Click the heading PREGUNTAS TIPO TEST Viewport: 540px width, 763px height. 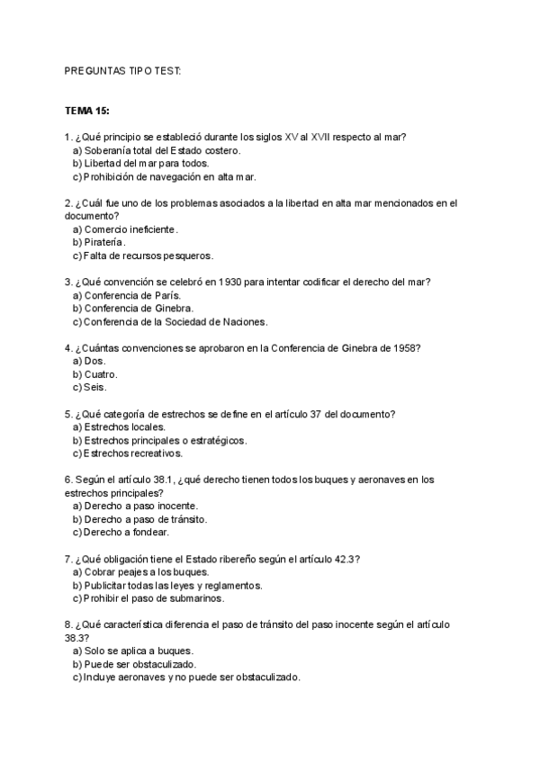coord(123,70)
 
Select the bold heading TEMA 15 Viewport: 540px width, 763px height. coord(87,111)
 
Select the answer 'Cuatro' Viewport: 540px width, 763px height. coord(101,373)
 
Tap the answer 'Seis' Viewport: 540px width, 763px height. coord(95,387)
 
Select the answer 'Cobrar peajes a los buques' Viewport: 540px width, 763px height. coord(146,571)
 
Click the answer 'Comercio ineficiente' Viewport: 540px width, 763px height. coord(131,229)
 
